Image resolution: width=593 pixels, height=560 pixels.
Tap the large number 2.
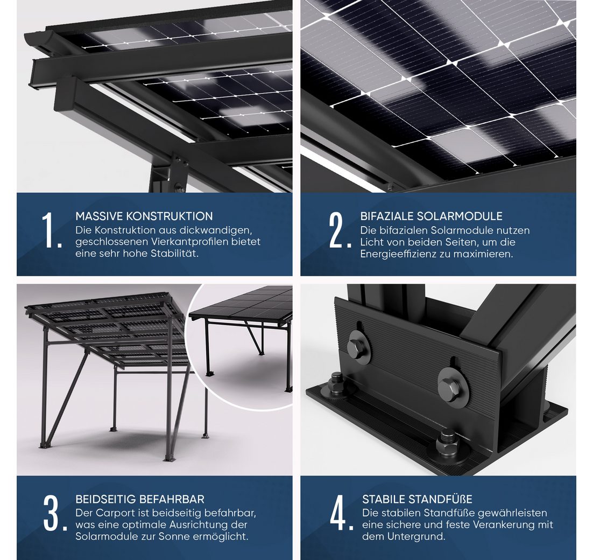339,230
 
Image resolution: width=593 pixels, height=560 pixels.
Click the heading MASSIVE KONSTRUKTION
144,216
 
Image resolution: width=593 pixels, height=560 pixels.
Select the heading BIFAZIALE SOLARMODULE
431,216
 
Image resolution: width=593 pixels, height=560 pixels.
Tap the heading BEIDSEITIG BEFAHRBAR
140,499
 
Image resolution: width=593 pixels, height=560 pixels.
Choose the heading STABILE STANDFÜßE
417,499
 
